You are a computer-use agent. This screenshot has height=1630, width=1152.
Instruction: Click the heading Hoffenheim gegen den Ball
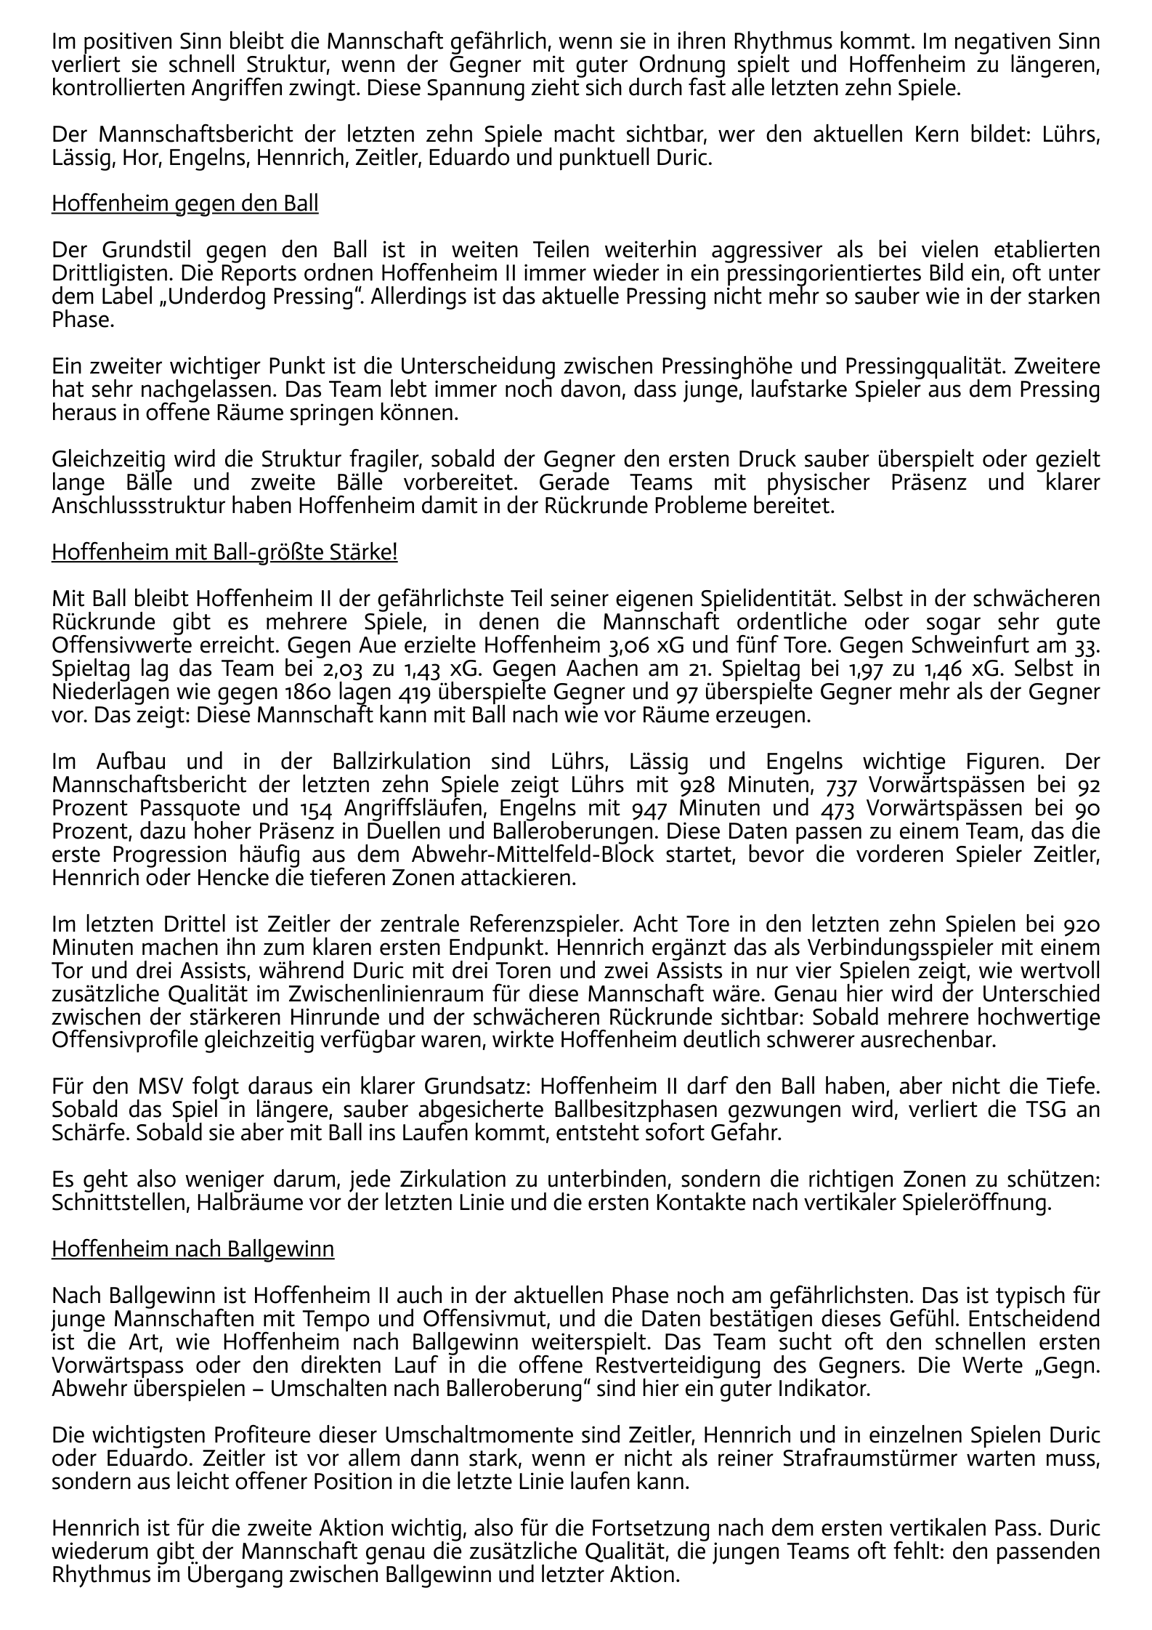(184, 204)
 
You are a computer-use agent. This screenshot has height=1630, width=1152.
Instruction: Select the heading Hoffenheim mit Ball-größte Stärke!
(224, 552)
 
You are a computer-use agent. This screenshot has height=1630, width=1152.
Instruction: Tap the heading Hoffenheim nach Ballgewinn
(192, 1249)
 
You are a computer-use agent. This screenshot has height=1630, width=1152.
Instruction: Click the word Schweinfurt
(967, 645)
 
